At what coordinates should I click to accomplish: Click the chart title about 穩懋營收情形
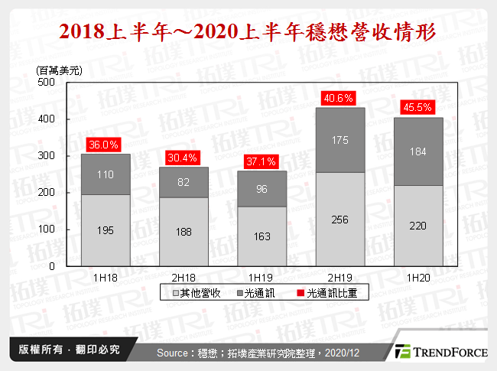pyautogui.click(x=248, y=33)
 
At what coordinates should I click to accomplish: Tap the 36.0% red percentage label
pyautogui.click(x=106, y=145)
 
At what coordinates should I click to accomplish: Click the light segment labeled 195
pyautogui.click(x=106, y=230)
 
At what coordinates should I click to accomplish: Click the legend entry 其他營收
pyautogui.click(x=200, y=294)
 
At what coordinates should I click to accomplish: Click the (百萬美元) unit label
pyautogui.click(x=59, y=69)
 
